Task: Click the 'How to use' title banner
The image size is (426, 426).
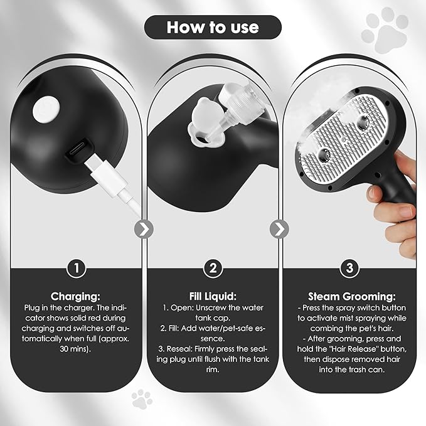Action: (212, 28)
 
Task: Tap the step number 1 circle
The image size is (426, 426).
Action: (76, 268)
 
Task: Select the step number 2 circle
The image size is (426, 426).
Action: (213, 268)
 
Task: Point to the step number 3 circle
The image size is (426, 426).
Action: (349, 268)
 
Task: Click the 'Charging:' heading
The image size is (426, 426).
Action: (76, 296)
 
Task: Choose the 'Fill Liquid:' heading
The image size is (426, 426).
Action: (213, 296)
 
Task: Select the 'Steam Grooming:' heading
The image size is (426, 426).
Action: (349, 296)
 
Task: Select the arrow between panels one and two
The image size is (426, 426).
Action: (144, 230)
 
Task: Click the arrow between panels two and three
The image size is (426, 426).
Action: (280, 230)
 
